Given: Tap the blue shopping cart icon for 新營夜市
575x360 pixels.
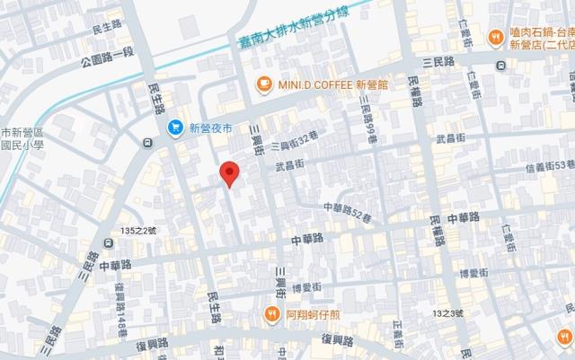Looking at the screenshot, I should point(177,127).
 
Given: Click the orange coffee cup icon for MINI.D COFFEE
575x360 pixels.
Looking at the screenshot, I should point(264,84).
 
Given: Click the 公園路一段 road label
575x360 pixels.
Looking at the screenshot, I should point(105,63).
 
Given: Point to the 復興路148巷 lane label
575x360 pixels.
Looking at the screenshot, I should point(120,306).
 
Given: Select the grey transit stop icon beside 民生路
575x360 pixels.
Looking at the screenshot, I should point(146,141).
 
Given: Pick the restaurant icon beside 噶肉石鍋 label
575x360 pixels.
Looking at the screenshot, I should point(494,37).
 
